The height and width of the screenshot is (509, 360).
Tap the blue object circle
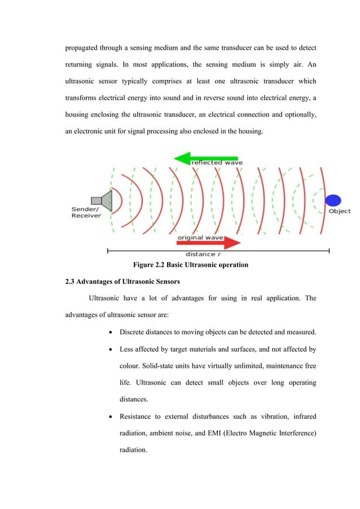(x=333, y=200)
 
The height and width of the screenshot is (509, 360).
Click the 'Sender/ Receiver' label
(x=86, y=212)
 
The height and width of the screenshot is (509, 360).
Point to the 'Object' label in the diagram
(x=340, y=212)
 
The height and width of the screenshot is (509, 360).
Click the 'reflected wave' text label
(x=217, y=163)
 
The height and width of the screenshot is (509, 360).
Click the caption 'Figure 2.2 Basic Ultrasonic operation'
(x=190, y=265)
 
